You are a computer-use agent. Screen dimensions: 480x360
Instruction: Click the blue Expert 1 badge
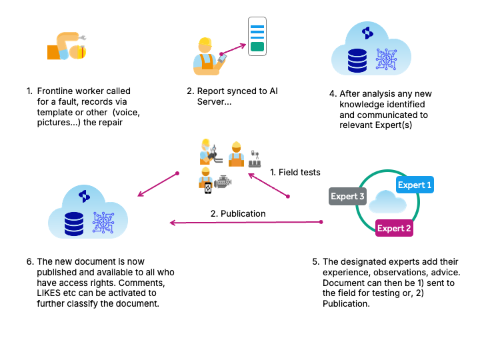[415, 185]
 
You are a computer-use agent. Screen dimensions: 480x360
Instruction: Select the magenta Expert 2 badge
[394, 228]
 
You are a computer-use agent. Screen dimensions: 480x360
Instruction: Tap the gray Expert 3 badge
[347, 196]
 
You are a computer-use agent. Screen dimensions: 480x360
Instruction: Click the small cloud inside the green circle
[387, 201]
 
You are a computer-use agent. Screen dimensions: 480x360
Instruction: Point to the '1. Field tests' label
[295, 173]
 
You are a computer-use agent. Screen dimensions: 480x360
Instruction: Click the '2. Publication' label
[238, 213]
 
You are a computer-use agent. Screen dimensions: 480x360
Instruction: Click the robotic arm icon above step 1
[67, 46]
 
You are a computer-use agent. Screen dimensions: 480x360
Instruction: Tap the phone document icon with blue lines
[257, 37]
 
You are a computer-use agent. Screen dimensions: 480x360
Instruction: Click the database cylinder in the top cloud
[357, 60]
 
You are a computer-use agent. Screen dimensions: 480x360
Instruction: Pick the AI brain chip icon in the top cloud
[386, 59]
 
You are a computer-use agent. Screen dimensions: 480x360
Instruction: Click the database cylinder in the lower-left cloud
[74, 224]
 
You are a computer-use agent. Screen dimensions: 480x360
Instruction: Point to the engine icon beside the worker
[223, 182]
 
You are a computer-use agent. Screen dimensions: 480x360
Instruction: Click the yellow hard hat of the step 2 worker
[205, 41]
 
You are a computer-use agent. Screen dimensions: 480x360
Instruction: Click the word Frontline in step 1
[55, 91]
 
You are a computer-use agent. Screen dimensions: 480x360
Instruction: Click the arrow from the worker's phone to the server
[233, 49]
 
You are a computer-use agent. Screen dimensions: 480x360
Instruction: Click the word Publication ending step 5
[346, 304]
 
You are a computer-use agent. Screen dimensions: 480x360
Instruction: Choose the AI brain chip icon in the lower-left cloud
[103, 222]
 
